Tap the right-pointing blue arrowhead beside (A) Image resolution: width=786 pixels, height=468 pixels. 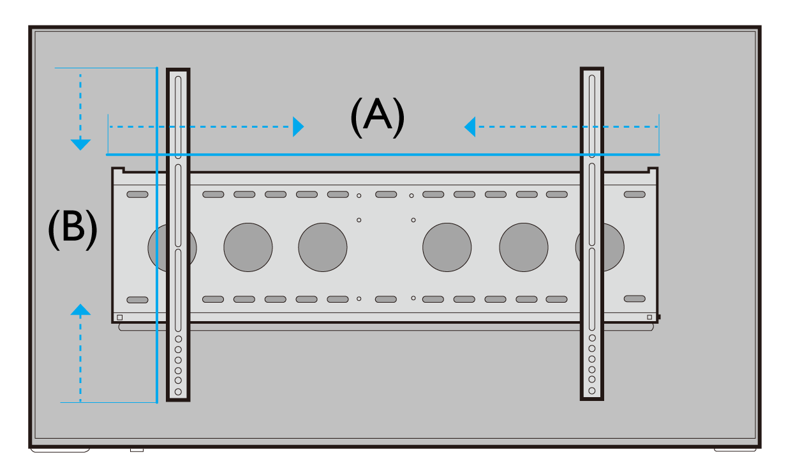click(x=298, y=126)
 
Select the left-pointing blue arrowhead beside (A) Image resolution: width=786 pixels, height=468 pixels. click(x=470, y=126)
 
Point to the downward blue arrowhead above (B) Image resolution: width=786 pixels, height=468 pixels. click(x=80, y=144)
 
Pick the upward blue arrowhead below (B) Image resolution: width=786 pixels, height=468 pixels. click(x=80, y=310)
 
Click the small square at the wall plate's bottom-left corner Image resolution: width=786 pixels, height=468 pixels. click(x=119, y=317)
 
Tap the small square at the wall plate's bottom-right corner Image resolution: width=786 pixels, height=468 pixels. click(x=649, y=317)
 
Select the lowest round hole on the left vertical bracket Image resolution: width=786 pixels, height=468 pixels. click(x=178, y=391)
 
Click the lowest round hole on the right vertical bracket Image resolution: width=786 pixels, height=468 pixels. click(x=592, y=390)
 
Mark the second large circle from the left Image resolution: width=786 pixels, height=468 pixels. click(x=248, y=247)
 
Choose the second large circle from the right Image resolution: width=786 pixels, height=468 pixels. click(x=524, y=247)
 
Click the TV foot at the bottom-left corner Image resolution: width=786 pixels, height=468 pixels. click(x=60, y=449)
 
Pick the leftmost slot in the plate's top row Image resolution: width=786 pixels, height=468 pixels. click(x=137, y=194)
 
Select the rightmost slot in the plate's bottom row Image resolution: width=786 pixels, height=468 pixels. click(x=634, y=298)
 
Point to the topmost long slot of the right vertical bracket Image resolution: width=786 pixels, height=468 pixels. click(x=592, y=116)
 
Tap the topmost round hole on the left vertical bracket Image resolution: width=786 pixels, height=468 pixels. click(x=178, y=339)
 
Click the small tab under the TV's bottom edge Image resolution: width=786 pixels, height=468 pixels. click(x=137, y=450)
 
